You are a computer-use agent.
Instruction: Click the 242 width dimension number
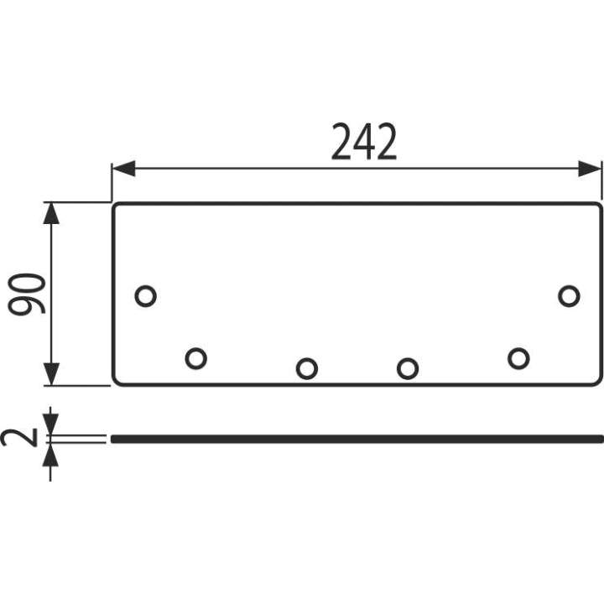coord(364,142)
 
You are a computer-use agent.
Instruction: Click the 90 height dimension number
coord(27,294)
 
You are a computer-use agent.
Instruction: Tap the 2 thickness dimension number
coord(19,438)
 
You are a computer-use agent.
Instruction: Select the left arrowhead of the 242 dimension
coord(123,169)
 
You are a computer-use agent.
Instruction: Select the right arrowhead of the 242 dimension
coord(590,169)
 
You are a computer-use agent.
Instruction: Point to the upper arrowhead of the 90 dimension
coord(51,212)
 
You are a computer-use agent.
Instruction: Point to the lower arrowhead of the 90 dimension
coord(51,374)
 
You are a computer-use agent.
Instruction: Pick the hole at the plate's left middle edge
coord(146,296)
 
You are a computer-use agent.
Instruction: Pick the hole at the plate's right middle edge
coord(569,296)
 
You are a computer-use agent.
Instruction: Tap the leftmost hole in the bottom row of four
coord(196,359)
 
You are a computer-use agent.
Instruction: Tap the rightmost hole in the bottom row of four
coord(518,359)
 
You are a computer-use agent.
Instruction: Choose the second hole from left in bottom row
coord(307,368)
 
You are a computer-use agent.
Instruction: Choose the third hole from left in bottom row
coord(408,368)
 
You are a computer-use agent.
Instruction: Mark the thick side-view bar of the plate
coord(357,439)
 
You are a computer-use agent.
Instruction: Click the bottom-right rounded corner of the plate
coord(599,382)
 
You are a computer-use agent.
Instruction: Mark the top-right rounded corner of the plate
coord(599,206)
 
